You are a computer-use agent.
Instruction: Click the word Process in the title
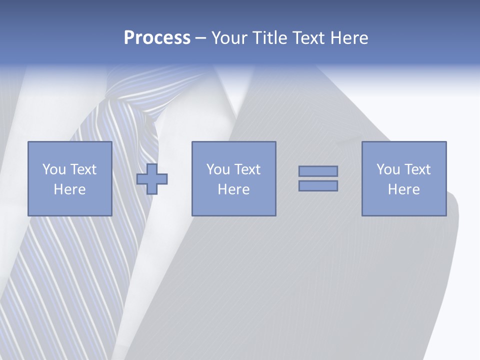[x=157, y=38]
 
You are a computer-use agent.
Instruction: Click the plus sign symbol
[x=152, y=179]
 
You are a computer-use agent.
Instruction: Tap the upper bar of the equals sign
[x=318, y=171]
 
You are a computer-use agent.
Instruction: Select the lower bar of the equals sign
[x=318, y=185]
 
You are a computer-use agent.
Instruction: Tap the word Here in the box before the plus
[x=69, y=189]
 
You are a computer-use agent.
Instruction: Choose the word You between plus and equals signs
[x=217, y=169]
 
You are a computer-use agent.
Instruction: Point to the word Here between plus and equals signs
[x=233, y=189]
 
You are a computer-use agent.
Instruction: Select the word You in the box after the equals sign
[x=387, y=169]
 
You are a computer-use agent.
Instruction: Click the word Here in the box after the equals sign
[x=403, y=189]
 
